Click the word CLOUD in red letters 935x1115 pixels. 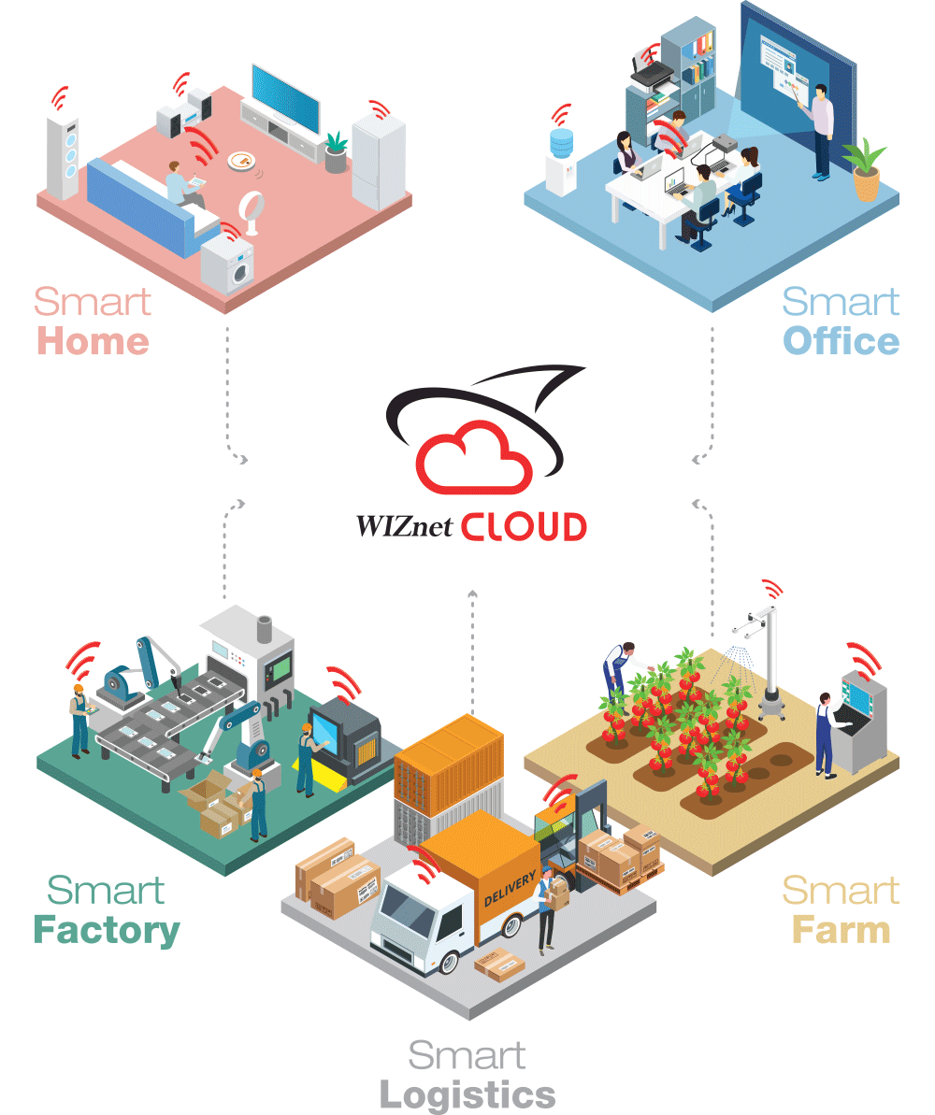pos(524,527)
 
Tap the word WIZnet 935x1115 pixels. pos(404,526)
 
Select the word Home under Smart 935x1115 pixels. pos(93,341)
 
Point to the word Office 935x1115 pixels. pos(841,341)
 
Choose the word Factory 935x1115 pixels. pos(107,931)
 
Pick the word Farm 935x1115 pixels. pos(841,930)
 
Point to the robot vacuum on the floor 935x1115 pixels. pos(242,162)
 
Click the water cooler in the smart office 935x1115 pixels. pos(561,162)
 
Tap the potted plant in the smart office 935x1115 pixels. pos(865,169)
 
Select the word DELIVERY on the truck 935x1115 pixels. pos(510,890)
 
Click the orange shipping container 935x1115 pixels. pos(449,764)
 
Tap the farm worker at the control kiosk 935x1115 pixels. pos(826,736)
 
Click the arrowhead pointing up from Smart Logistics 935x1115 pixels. pos(472,593)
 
